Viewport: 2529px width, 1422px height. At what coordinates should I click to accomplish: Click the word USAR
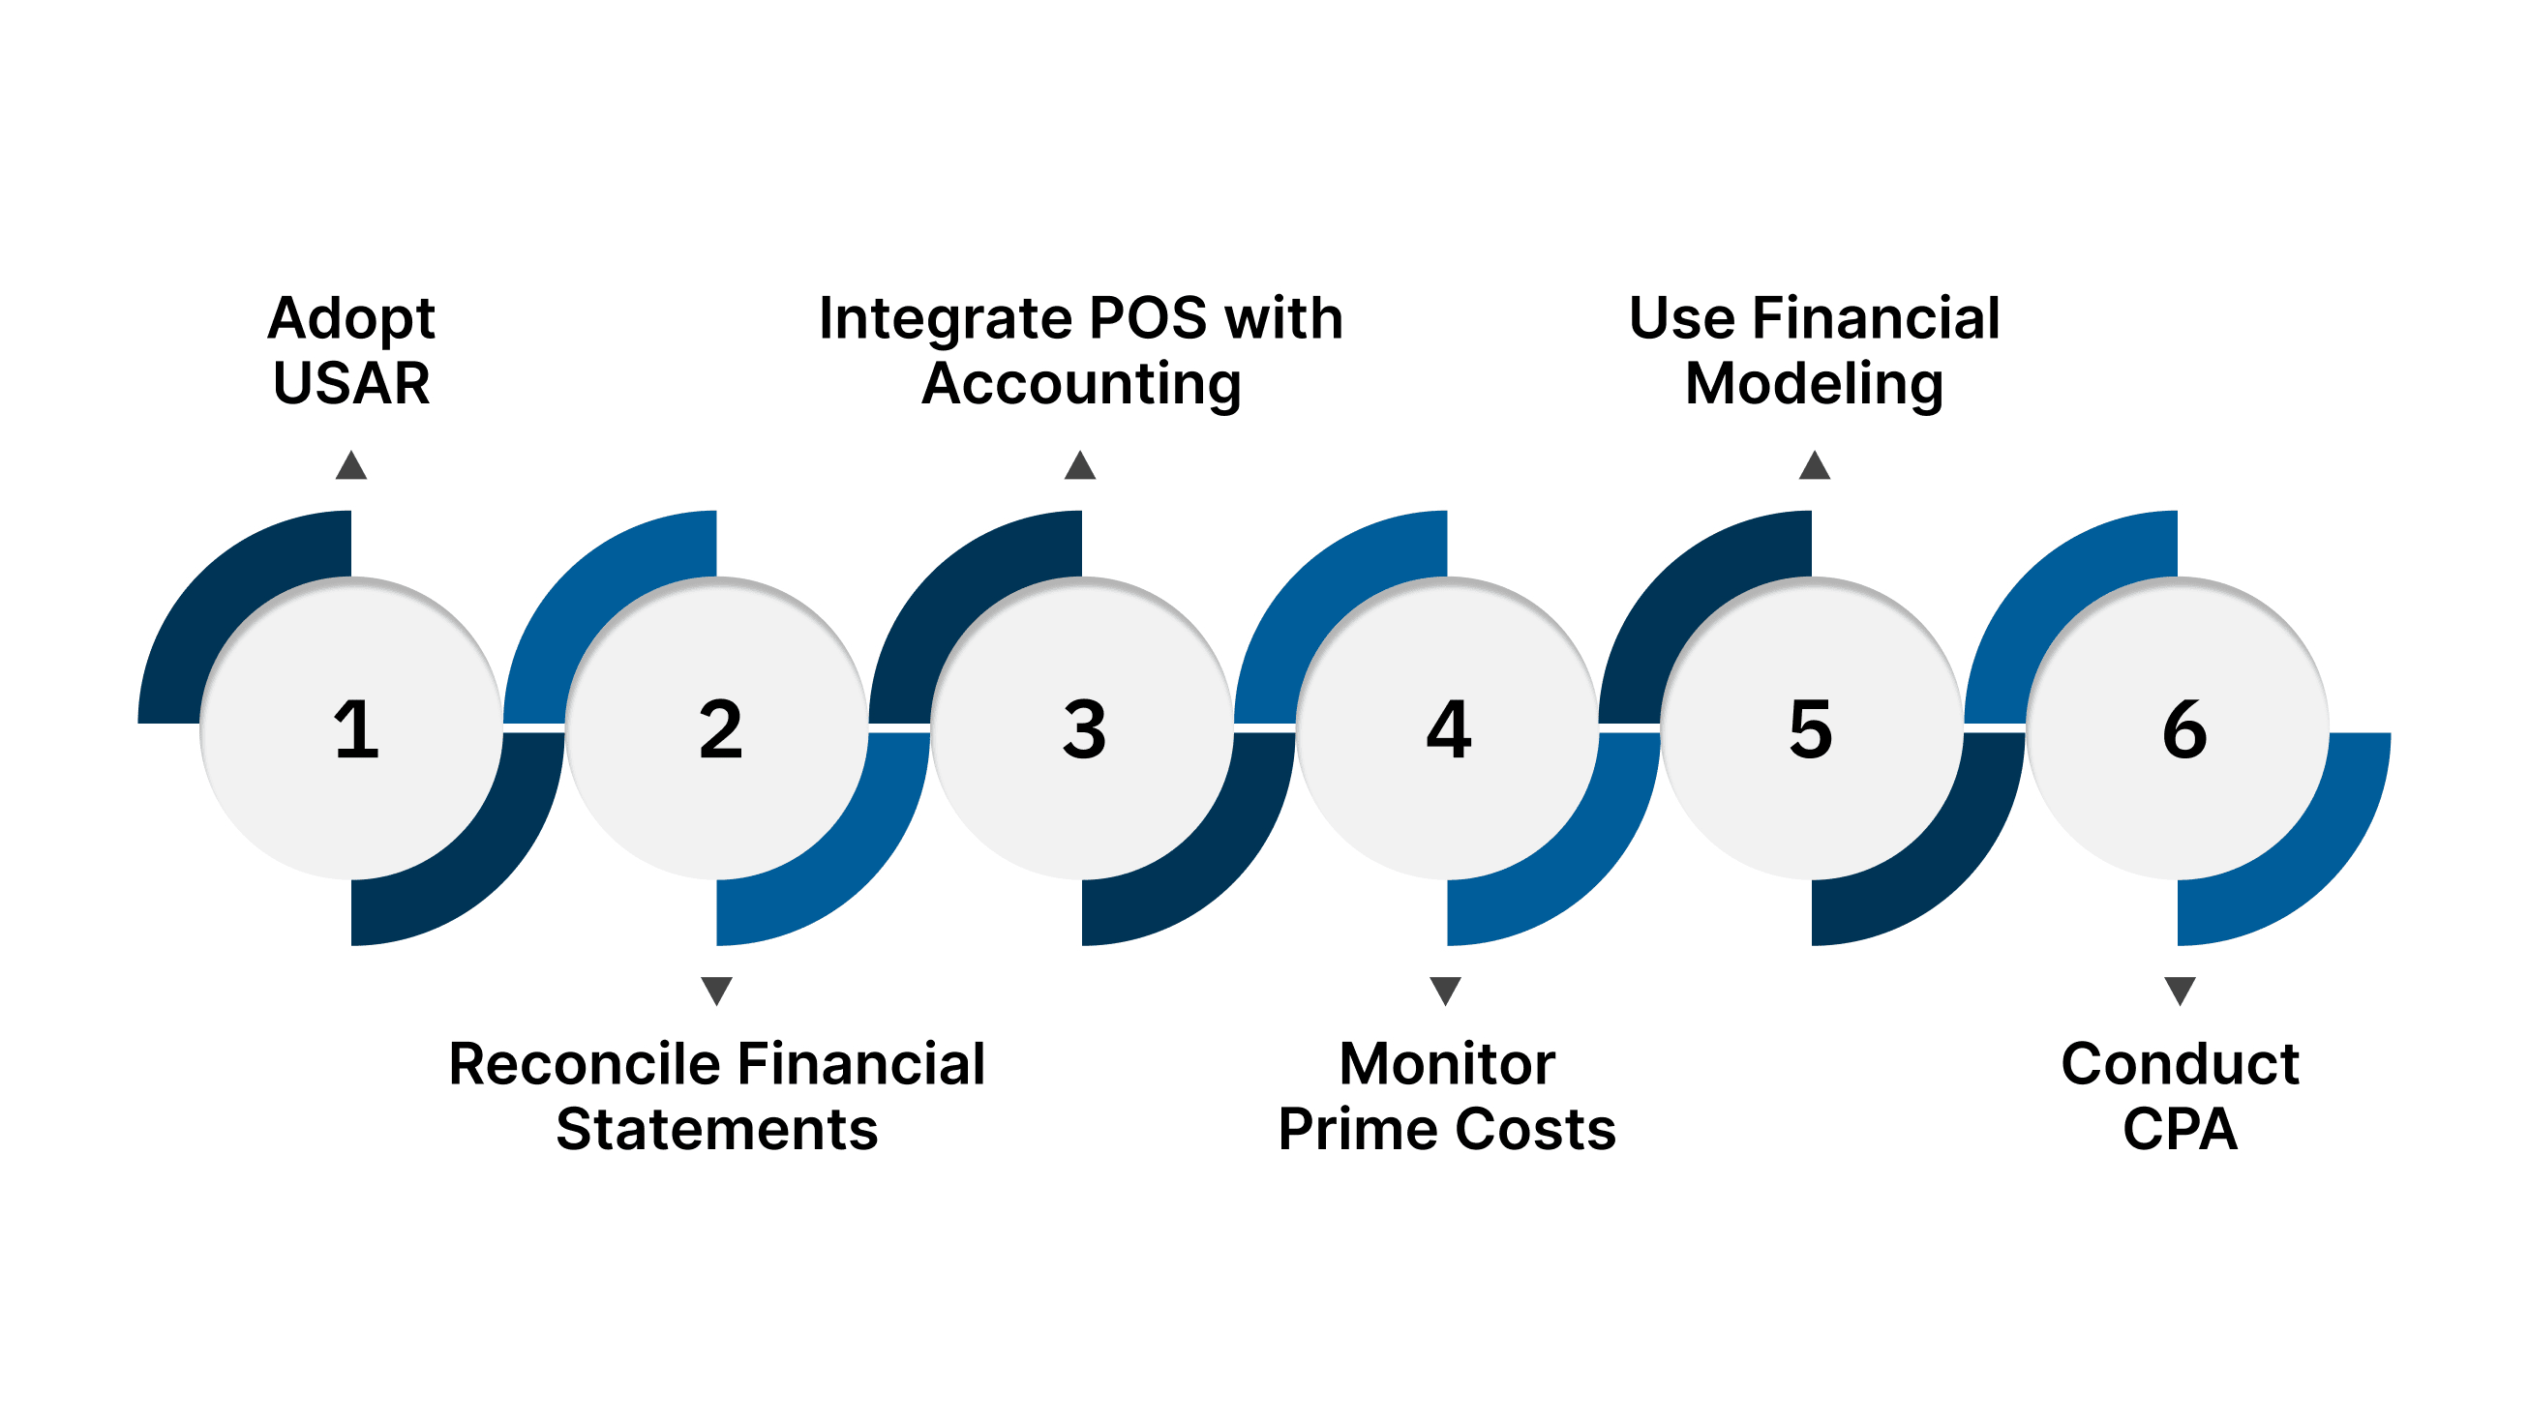351,383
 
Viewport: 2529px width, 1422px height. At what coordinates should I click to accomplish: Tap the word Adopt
351,319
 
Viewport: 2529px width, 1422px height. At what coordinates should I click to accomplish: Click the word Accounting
1081,383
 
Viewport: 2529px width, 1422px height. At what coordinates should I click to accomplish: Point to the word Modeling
1815,383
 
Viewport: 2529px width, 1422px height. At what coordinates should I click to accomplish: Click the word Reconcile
586,1064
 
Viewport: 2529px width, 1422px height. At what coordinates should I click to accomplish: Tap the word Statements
716,1129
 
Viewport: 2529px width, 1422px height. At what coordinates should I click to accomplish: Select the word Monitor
1447,1064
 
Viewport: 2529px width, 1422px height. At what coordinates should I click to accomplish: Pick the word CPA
2181,1129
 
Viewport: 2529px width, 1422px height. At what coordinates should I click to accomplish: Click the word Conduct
2181,1064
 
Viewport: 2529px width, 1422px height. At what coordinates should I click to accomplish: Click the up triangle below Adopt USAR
351,467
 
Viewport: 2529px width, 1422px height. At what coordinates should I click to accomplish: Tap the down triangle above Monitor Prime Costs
1445,991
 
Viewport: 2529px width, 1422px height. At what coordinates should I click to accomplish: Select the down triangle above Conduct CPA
2181,991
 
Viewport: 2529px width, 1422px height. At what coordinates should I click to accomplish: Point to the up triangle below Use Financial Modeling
1815,467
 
